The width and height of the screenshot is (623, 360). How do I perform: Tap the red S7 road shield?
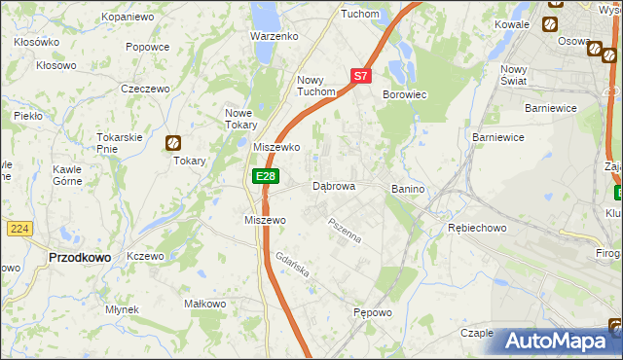360,75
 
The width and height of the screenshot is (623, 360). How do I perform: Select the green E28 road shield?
265,176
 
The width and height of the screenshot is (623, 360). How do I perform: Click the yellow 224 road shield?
19,228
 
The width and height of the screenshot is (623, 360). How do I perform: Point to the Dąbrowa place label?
333,185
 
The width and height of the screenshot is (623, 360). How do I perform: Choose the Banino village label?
411,188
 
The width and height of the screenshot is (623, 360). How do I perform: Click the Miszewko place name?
275,147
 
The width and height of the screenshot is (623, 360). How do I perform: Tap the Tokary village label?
190,162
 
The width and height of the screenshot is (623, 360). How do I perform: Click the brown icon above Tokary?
173,143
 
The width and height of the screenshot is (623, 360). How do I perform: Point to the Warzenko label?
275,36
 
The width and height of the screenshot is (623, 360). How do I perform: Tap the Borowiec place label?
405,94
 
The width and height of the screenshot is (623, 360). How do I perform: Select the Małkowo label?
205,304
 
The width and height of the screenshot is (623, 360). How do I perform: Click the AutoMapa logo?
555,342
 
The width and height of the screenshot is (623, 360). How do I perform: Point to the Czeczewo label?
145,89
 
